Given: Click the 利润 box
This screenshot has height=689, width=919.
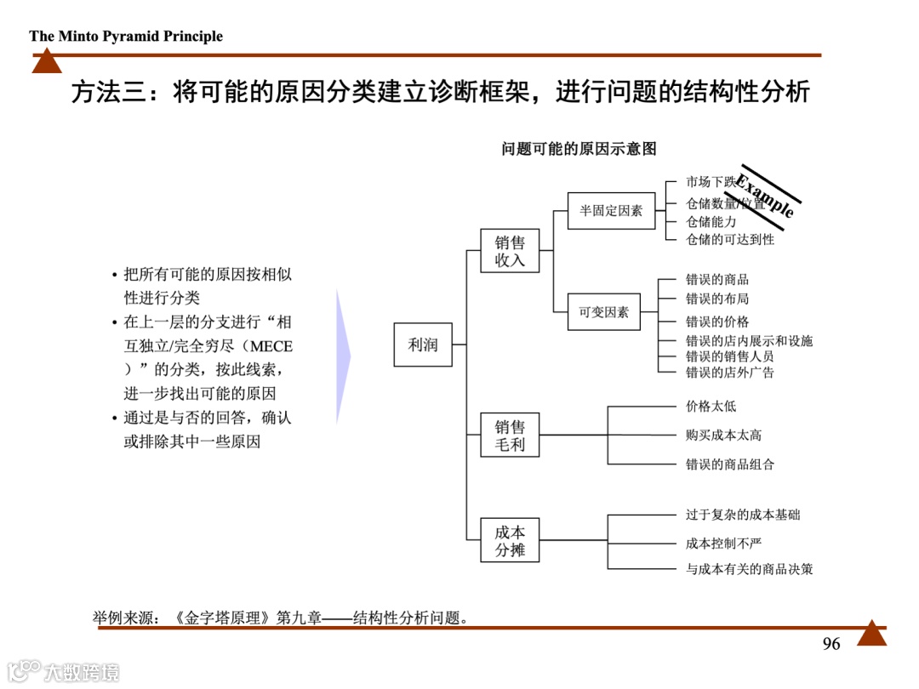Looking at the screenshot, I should (423, 344).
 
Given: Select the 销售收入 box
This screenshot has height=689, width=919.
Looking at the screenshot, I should (510, 251).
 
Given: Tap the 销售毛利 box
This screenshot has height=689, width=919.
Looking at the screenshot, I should (510, 435).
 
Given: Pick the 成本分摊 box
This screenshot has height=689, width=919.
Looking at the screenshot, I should (510, 540).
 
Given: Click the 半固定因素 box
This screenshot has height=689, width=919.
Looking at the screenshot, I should (611, 210).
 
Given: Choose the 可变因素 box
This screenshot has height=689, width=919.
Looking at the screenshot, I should (604, 311).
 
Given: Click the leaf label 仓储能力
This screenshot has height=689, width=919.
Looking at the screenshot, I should (711, 221).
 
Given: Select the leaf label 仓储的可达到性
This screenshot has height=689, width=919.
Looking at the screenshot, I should (730, 240).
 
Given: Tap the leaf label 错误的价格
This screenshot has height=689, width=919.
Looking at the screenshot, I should (717, 322).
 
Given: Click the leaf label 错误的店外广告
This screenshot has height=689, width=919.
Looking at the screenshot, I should (730, 372).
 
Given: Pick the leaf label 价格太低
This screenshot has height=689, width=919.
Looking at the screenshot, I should (711, 407).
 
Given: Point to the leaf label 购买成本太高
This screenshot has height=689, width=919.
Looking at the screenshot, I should (724, 435).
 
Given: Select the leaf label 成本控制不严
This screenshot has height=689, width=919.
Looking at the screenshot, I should (724, 543).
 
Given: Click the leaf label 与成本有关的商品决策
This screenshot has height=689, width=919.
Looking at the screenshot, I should (749, 568).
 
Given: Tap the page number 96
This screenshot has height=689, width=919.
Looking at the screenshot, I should (831, 644).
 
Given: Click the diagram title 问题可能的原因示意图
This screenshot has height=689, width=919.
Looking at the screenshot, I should (579, 149).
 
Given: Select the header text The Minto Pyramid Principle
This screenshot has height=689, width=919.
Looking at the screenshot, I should (126, 37).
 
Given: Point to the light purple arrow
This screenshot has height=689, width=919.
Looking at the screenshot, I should (343, 357).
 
